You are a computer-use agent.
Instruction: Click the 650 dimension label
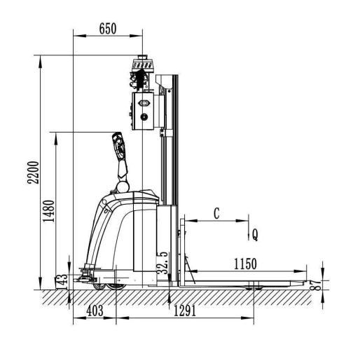click(108, 29)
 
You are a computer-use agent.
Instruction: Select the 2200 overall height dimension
click(34, 172)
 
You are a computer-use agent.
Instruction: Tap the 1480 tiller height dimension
click(49, 211)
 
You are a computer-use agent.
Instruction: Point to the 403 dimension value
click(95, 311)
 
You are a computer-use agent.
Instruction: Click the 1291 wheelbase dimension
click(185, 311)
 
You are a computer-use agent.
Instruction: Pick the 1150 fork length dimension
click(245, 264)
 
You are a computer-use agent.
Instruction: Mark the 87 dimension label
click(315, 285)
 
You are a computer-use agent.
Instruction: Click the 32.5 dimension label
click(162, 263)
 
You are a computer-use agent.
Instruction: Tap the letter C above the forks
click(216, 213)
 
